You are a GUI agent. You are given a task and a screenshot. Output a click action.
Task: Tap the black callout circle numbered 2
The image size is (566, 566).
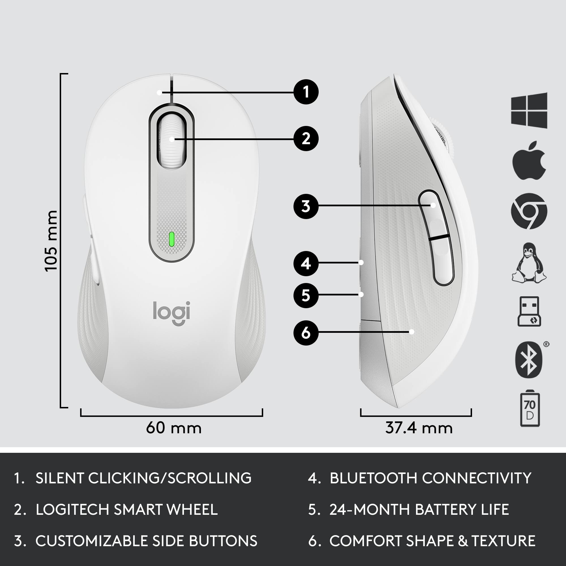(306, 139)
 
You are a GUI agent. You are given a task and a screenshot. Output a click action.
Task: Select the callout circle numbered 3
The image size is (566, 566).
(306, 206)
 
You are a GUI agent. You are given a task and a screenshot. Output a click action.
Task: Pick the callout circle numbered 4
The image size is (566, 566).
(306, 263)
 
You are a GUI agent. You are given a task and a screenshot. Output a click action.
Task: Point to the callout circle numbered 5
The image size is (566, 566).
(306, 295)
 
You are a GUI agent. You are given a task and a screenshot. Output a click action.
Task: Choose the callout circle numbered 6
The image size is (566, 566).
(306, 333)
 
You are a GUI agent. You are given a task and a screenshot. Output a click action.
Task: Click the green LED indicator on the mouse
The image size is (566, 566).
(172, 239)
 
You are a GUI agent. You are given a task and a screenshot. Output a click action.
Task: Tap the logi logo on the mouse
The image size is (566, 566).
(172, 313)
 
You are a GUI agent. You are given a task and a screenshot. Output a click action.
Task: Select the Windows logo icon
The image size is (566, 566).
(529, 110)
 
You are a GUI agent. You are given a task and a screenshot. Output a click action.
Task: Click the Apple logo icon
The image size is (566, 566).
(529, 160)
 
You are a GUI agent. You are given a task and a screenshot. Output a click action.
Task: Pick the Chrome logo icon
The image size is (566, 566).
(529, 211)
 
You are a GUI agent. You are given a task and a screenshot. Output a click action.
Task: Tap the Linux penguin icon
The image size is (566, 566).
(529, 263)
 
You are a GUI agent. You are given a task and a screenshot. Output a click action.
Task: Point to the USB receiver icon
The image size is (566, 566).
(529, 311)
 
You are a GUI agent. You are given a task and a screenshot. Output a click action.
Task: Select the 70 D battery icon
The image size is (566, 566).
(530, 408)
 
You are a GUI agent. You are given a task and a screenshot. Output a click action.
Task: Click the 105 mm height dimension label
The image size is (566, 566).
(51, 241)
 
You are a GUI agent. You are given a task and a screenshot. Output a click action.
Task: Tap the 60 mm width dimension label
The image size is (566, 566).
(174, 428)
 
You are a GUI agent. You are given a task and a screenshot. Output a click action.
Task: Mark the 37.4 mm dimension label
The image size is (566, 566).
(419, 428)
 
